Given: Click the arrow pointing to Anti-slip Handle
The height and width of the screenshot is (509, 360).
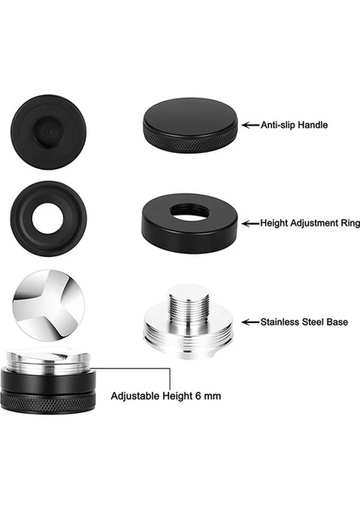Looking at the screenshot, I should (250, 125).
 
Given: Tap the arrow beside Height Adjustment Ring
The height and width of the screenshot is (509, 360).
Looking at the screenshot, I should (250, 224).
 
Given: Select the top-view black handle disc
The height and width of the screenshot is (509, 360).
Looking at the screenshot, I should (48, 126).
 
